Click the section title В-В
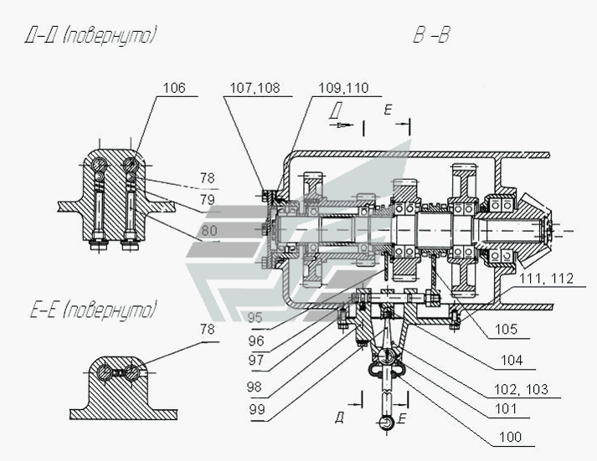(x=431, y=35)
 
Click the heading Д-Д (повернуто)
(x=90, y=36)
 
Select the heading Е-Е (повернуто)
(x=94, y=310)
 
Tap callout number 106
(x=174, y=88)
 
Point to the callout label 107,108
(x=255, y=88)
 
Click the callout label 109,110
(x=343, y=88)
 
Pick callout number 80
(x=209, y=231)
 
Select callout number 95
(x=255, y=318)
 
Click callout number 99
(x=256, y=410)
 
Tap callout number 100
(x=510, y=437)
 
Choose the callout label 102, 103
(x=521, y=390)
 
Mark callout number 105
(x=506, y=330)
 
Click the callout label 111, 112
(x=547, y=279)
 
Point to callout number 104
(x=512, y=360)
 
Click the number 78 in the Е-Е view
(x=207, y=330)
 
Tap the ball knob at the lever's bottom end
(x=387, y=423)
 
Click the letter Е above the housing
(x=388, y=110)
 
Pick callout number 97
(x=256, y=360)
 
